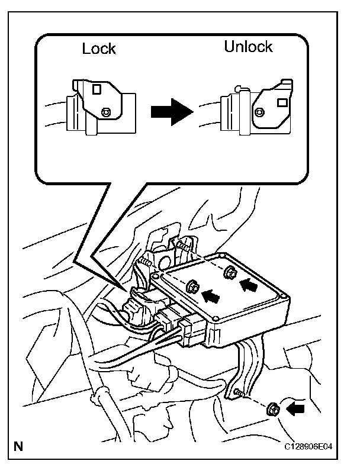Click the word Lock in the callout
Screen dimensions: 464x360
99,49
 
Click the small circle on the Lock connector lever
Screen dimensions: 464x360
107,111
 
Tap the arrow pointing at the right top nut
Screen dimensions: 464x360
250,285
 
